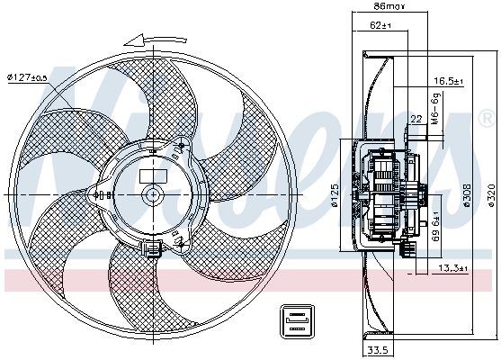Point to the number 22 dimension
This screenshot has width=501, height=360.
(416, 119)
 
